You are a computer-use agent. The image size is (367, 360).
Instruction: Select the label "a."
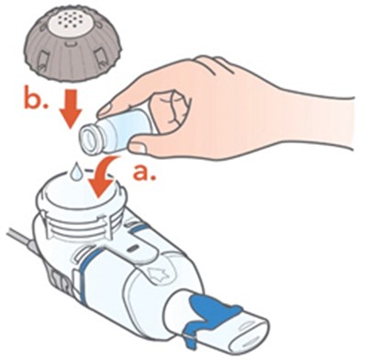[144, 173]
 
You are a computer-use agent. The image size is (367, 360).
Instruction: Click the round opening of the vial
[90, 140]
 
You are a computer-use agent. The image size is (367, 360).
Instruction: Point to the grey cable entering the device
[20, 239]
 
